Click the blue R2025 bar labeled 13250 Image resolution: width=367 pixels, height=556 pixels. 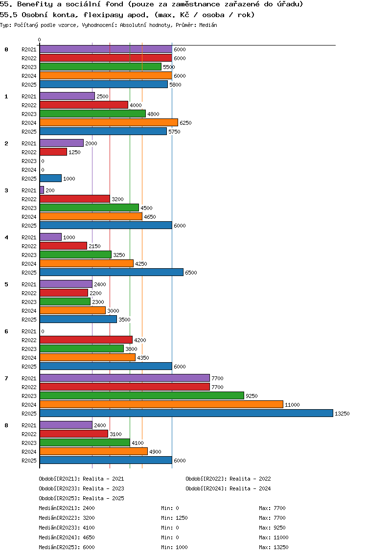pos(186,413)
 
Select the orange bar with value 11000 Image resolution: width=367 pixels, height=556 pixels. pos(161,404)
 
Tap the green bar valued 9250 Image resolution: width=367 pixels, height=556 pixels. pos(141,395)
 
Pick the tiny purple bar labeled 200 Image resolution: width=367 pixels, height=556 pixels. pos(42,190)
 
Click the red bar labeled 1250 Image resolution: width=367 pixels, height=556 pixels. pos(53,152)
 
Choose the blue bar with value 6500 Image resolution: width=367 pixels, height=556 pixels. pos(111,272)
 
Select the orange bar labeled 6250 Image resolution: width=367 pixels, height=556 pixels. pos(109,122)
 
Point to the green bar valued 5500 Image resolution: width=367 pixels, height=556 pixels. pos(100,67)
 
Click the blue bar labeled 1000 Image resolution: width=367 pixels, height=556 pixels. pos(50,178)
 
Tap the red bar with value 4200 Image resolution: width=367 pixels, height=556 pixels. pos(86,340)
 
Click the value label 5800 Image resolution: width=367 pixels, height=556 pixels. pos(175,85)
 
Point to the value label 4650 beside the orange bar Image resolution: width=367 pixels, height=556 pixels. pos(150,217)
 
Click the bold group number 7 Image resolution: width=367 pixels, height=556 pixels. pos(6,378)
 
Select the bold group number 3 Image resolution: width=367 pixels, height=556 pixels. pos(6,190)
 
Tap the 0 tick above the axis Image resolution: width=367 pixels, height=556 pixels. pos(40,40)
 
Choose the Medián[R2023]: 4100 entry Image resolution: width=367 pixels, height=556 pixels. pos(67,528)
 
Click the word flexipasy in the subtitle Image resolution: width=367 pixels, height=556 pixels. pos(104,15)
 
